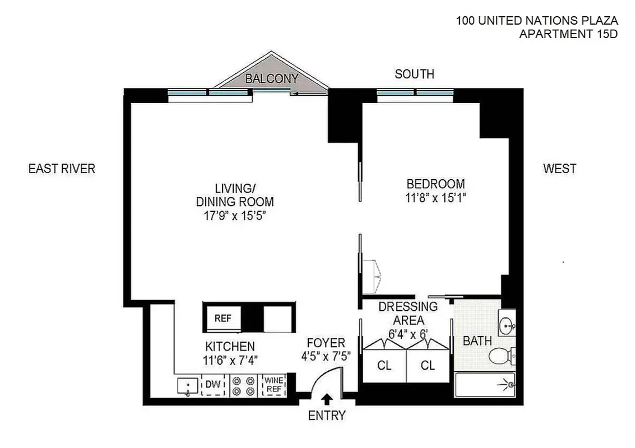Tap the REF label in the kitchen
tap(223, 318)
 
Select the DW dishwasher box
tap(212, 385)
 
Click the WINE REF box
tap(273, 385)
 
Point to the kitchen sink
tap(187, 386)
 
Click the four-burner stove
tap(243, 385)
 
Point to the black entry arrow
tap(327, 399)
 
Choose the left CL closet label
tap(384, 366)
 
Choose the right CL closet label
tap(428, 366)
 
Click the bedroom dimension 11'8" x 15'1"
tap(436, 197)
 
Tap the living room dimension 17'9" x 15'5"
tap(235, 216)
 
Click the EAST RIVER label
tap(62, 169)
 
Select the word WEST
tap(559, 169)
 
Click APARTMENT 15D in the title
tap(568, 34)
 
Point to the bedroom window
tap(415, 93)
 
